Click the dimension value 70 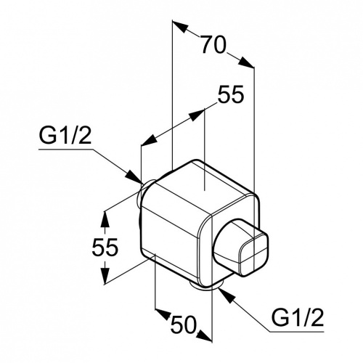[213, 45]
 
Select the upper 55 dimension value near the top [230, 94]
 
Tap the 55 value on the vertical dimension [105, 247]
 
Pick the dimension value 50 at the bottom [183, 325]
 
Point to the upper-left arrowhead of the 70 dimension [180, 26]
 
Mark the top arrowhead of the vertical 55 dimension [105, 220]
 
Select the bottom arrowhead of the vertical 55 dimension [105, 276]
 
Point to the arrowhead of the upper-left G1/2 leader [134, 176]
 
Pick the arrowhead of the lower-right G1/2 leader [225, 295]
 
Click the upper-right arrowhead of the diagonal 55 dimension [197, 115]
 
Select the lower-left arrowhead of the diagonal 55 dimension [149, 140]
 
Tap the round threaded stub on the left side [143, 195]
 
